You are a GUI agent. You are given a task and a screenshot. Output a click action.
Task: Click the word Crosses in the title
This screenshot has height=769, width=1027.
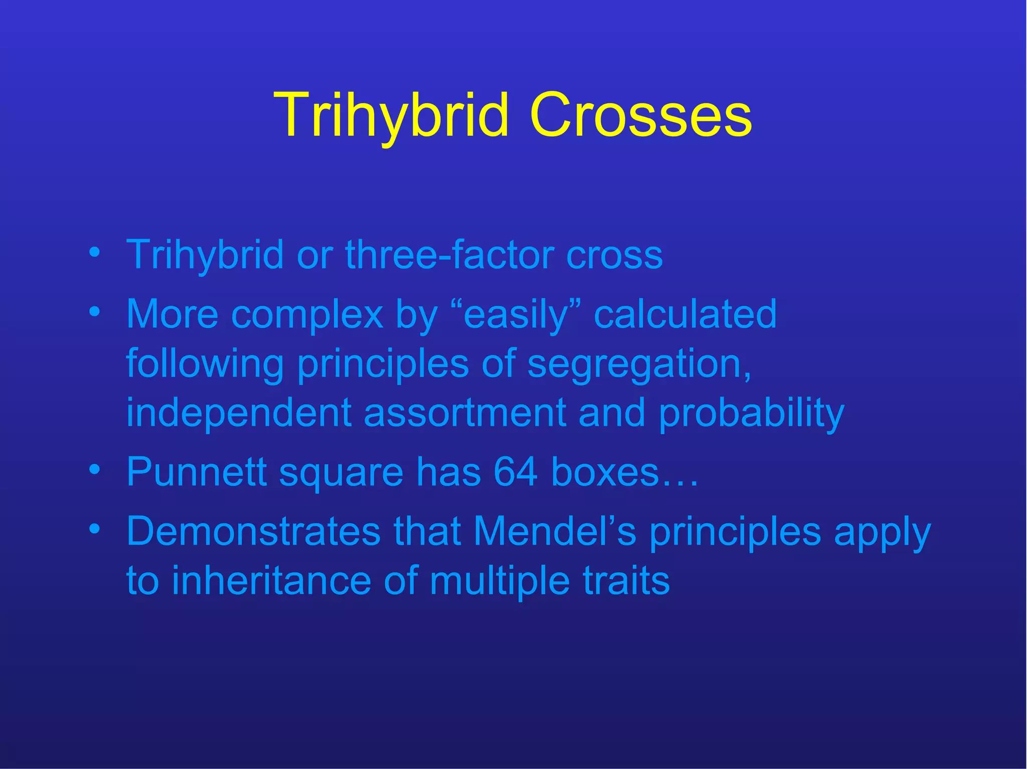[x=640, y=115]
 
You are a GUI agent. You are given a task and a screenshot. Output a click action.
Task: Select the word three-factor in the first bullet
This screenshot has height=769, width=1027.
[x=449, y=255]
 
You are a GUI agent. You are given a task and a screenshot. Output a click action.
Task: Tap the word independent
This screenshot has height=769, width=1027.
[x=239, y=413]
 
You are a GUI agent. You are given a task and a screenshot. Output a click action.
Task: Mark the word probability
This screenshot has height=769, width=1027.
[x=751, y=413]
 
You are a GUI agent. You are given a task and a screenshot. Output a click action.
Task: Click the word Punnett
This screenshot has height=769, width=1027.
[x=196, y=472]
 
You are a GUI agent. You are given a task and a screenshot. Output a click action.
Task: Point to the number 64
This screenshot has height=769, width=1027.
[x=516, y=472]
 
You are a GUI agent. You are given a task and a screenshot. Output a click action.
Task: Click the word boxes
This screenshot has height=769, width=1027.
[x=605, y=472]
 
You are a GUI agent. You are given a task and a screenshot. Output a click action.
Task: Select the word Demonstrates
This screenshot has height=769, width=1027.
[x=253, y=531]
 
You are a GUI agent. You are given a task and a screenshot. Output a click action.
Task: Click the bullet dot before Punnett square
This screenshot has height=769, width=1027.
[x=94, y=470]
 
